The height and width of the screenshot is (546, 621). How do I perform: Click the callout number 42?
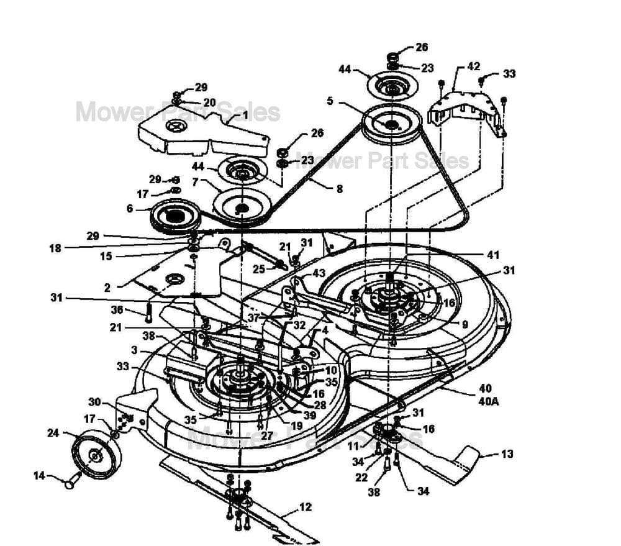point(473,66)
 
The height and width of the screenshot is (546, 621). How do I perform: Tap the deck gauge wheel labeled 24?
point(96,455)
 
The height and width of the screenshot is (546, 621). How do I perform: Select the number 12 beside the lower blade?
point(305,507)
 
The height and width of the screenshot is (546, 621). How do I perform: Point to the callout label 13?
point(507,454)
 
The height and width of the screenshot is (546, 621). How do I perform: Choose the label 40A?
point(489,401)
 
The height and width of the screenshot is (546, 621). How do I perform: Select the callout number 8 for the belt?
point(339,189)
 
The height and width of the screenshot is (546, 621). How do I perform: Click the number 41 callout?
point(493,254)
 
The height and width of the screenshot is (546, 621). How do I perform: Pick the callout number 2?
point(107,288)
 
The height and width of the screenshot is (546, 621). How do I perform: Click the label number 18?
point(55,248)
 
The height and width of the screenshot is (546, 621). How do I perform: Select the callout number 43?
point(319,273)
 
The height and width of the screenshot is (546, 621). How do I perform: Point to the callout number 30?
point(94,402)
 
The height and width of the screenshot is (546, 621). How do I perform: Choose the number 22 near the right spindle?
point(360,478)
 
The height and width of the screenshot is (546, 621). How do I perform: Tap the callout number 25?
point(259,269)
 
